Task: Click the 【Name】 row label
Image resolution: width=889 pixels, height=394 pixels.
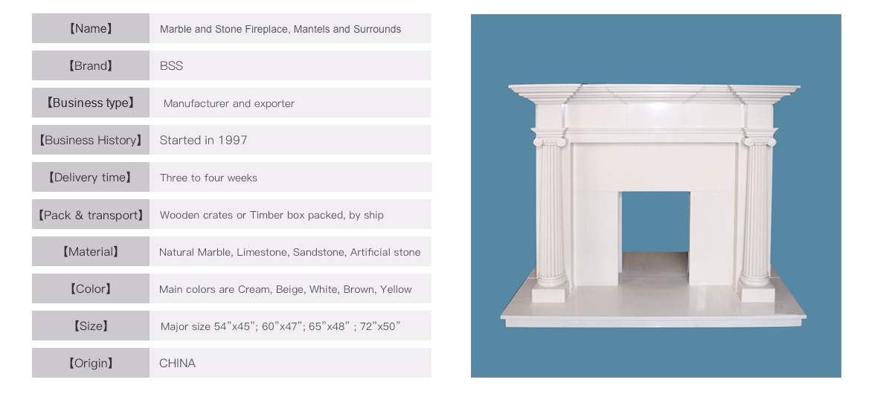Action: (91, 28)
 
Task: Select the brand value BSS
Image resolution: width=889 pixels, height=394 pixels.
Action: (171, 65)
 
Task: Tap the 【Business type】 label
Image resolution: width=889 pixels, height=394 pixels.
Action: (91, 103)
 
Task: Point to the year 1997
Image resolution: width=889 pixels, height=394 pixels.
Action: (233, 140)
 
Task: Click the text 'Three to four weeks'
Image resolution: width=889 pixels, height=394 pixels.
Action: (208, 178)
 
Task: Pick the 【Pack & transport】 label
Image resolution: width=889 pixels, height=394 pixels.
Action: (91, 215)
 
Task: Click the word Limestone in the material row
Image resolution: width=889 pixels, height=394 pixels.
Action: (261, 252)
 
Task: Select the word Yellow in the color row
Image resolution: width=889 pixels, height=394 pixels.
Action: (396, 289)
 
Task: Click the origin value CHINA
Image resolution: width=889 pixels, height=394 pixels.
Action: (178, 364)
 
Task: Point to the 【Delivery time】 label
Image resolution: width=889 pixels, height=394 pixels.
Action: (91, 178)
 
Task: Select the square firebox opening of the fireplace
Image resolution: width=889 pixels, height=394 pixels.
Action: (655, 222)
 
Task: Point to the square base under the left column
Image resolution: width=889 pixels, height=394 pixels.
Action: (551, 293)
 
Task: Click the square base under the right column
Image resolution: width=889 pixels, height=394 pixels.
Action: (757, 293)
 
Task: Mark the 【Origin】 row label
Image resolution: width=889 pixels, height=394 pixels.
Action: (91, 364)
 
